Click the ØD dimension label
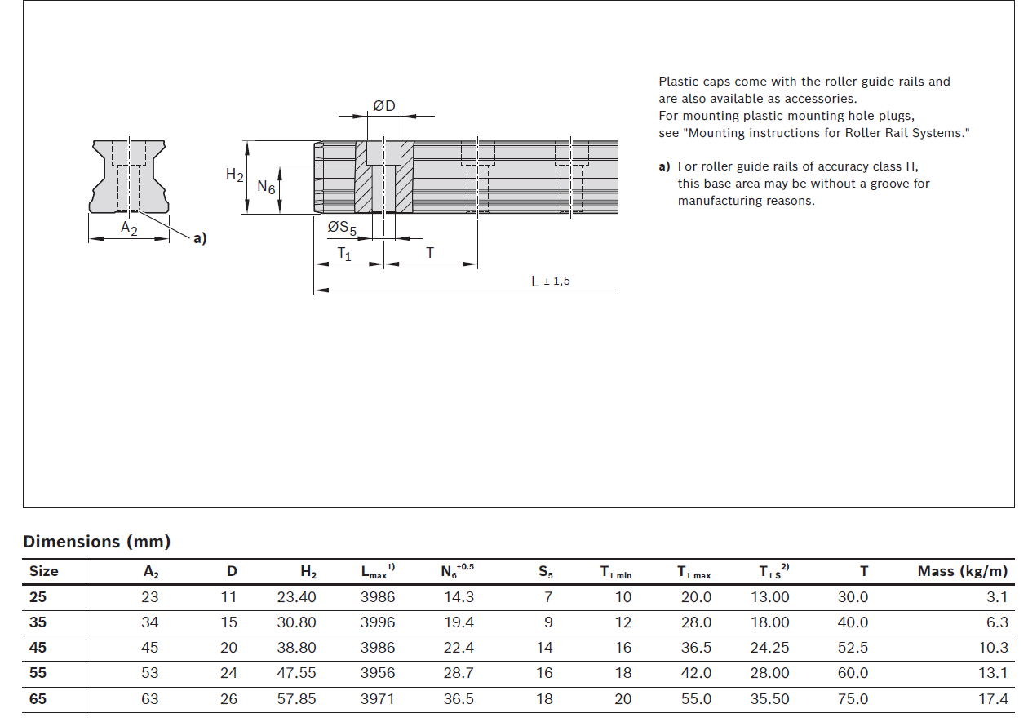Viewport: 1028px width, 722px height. tap(384, 106)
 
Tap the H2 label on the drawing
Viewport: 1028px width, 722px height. tap(234, 175)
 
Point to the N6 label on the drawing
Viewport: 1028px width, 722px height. tap(266, 186)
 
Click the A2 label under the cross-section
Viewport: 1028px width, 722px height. tap(129, 228)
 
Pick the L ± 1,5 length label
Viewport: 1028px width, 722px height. tap(550, 281)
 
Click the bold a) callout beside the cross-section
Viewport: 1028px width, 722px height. tap(200, 237)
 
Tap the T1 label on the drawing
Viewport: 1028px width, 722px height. tap(344, 254)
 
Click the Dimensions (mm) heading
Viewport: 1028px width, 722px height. tap(97, 542)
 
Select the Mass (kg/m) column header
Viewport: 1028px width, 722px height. tap(963, 571)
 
